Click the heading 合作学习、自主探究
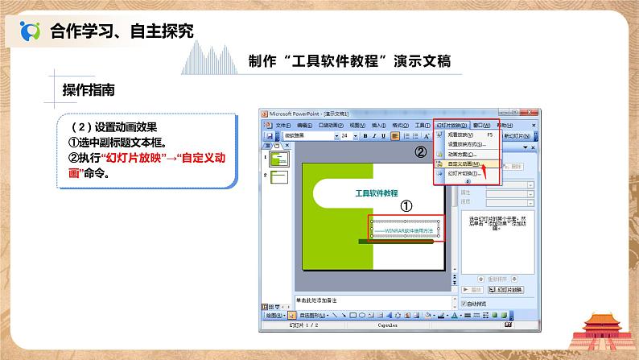click(122, 31)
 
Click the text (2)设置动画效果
click(113, 127)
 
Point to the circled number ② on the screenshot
click(419, 151)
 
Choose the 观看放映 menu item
click(460, 135)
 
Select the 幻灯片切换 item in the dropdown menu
click(463, 173)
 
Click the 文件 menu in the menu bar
click(282, 126)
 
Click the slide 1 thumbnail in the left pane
click(278, 159)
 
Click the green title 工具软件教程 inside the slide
click(377, 193)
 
